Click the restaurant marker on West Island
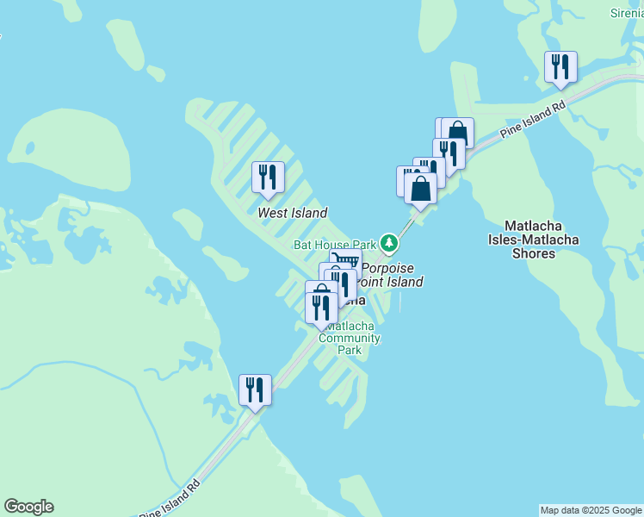(268, 178)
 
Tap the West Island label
(293, 212)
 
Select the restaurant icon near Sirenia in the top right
(560, 67)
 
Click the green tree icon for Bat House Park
(390, 244)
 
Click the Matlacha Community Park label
(350, 338)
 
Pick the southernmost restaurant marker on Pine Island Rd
(255, 389)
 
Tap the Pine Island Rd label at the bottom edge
(171, 498)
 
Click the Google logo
(28, 507)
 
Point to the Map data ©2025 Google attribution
(591, 510)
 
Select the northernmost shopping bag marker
(457, 133)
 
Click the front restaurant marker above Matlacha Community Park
(321, 308)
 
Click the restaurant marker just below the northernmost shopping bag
(449, 153)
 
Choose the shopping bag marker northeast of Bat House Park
(420, 188)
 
